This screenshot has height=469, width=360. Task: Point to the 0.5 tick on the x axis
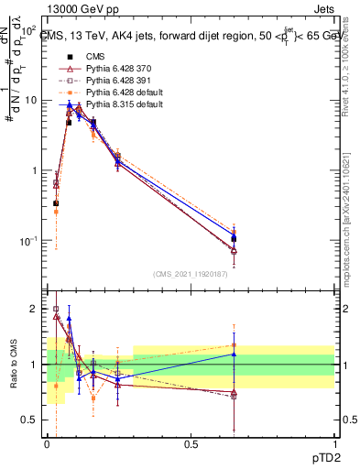click(x=191, y=442)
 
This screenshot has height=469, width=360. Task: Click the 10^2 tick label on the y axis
click(x=28, y=30)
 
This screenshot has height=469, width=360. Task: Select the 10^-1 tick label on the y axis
click(x=28, y=241)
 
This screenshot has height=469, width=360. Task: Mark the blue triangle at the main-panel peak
click(x=70, y=104)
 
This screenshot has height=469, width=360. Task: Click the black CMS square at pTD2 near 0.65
click(x=234, y=239)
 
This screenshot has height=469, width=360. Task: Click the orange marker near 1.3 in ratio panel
click(x=234, y=345)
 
